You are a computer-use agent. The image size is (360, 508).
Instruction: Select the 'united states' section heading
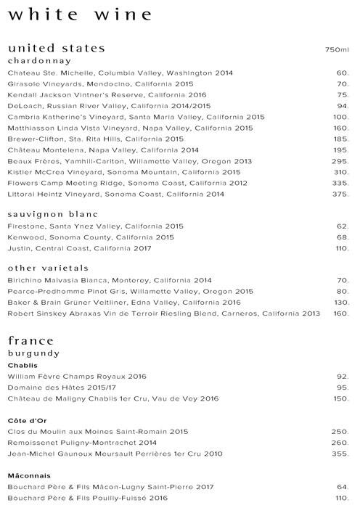coord(56,48)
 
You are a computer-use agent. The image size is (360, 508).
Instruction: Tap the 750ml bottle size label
coord(337,50)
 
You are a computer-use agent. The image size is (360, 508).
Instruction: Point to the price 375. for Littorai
coord(340,194)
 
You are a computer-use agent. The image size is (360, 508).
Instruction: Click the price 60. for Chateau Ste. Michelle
coord(343,73)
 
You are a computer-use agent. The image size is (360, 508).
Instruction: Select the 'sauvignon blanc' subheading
coord(52,215)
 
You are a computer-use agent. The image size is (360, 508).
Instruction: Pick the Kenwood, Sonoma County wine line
coord(91,237)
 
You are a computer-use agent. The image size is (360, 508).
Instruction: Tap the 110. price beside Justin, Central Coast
coord(341,248)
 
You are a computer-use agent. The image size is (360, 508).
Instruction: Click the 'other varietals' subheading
coord(48,268)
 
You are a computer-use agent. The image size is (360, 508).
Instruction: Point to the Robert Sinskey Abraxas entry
coord(163,314)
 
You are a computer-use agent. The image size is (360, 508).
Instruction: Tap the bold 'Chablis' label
coord(22,365)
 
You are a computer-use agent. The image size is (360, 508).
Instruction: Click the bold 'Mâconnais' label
coord(28,475)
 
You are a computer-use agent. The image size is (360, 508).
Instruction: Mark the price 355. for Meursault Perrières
coord(340,454)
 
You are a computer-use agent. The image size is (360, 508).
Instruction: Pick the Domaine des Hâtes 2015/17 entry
coord(57,388)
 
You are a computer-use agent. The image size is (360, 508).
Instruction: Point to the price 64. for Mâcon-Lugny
coord(343,488)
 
